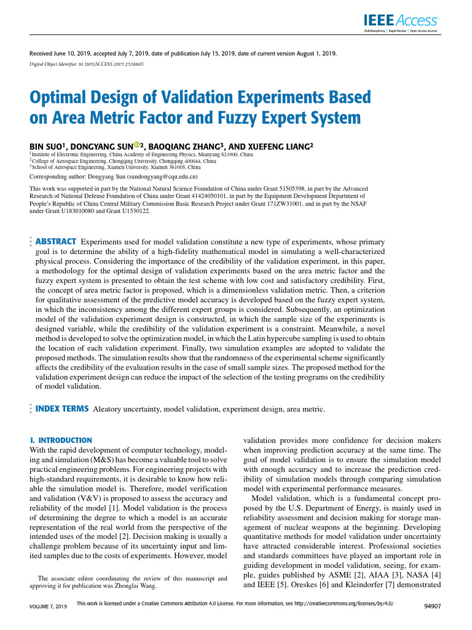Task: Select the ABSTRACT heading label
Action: click(57, 241)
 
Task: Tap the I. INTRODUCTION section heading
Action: click(61, 441)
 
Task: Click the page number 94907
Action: click(433, 607)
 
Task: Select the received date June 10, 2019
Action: click(72, 54)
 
